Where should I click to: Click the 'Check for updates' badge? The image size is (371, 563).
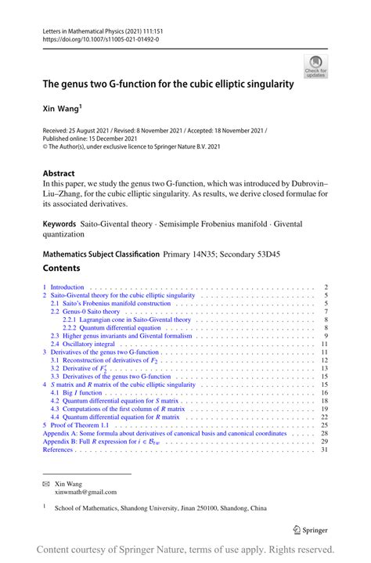(317, 66)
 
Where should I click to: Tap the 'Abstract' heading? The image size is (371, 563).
(59, 174)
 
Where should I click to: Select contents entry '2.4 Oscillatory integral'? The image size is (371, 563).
(87, 344)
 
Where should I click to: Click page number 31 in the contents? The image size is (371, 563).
(324, 449)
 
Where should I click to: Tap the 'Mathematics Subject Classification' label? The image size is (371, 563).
(100, 254)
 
